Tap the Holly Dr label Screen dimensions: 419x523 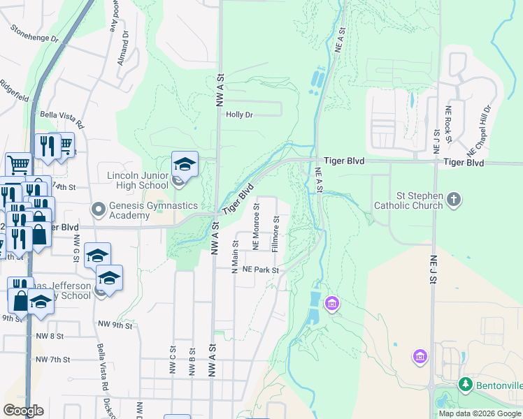click(238, 115)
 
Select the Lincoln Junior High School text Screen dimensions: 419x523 click(138, 180)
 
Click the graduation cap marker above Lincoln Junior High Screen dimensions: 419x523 click(185, 164)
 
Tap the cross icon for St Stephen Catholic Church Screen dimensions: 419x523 click(454, 200)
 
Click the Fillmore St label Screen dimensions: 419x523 click(276, 234)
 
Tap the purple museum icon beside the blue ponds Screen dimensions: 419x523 click(332, 304)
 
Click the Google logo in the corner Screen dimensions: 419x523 click(23, 410)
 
